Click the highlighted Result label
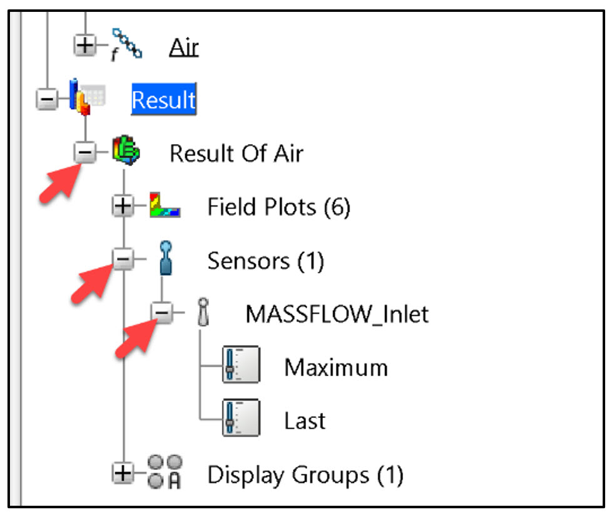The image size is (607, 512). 163,100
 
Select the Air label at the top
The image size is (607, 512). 183,47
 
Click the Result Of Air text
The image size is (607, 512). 236,153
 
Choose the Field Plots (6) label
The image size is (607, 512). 278,207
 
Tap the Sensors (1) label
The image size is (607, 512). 265,261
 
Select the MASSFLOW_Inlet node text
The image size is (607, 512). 337,313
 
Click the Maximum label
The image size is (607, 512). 335,367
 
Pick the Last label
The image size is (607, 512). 305,421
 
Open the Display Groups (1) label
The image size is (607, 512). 305,475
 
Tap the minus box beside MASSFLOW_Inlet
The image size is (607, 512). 163,313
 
